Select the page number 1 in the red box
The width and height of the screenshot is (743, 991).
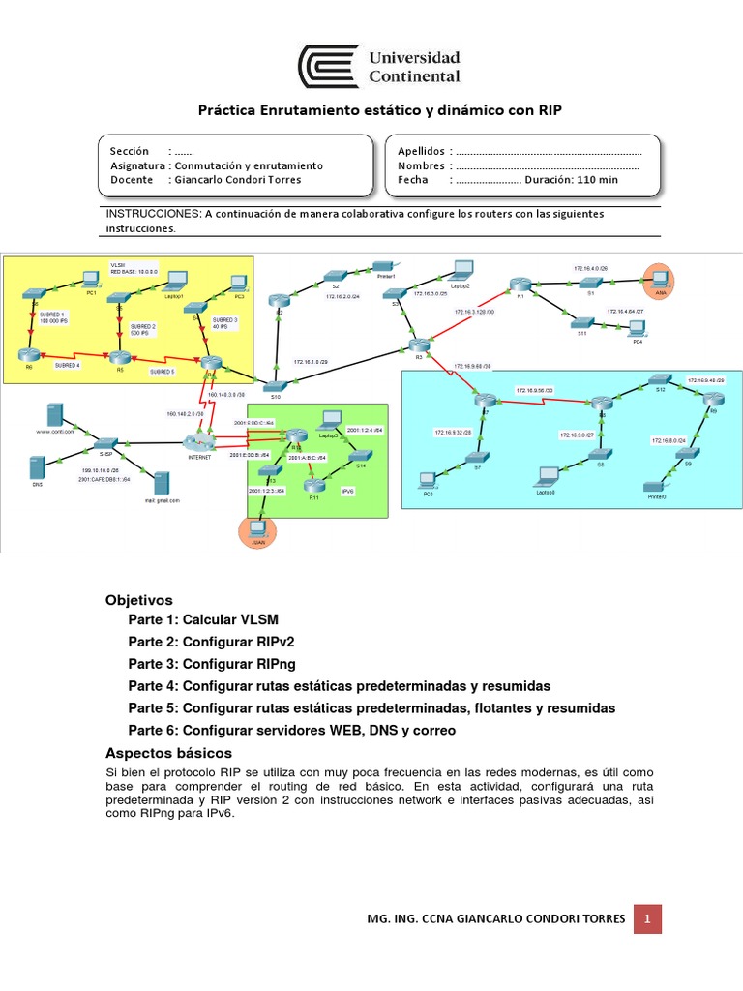(648, 917)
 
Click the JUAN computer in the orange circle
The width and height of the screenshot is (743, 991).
(257, 532)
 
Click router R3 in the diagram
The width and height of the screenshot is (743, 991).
(419, 345)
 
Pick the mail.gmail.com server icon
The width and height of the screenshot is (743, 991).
(163, 483)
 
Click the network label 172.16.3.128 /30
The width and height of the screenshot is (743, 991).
(473, 312)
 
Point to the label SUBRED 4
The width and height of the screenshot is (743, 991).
(68, 366)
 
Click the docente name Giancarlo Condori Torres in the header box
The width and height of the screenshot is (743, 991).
(236, 180)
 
